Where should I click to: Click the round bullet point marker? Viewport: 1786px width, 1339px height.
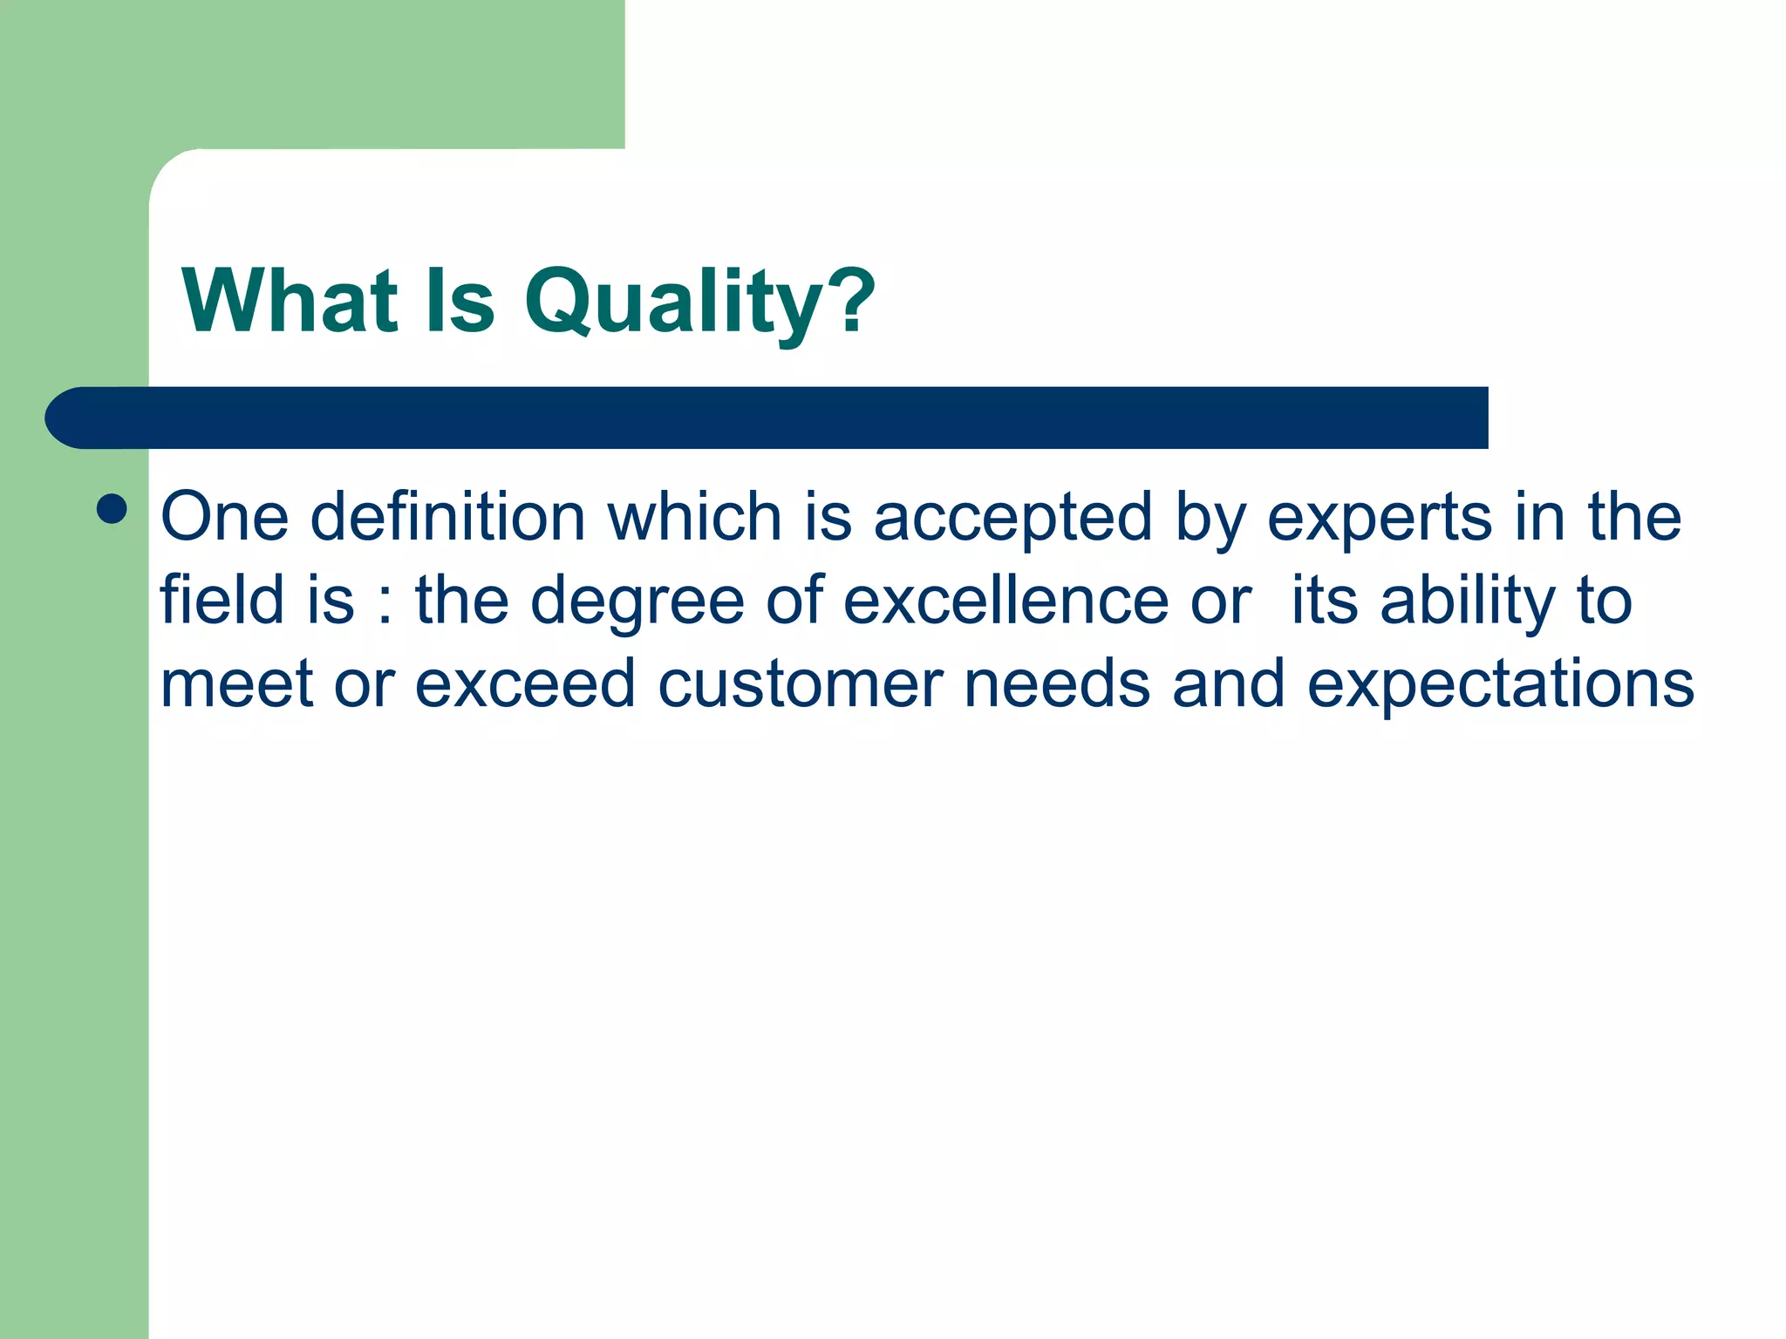pos(112,508)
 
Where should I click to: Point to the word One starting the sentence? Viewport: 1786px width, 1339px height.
pos(224,518)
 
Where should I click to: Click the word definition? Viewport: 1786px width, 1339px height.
pos(447,518)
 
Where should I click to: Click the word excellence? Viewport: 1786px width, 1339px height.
pos(1005,601)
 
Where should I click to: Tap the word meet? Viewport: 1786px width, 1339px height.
pos(236,684)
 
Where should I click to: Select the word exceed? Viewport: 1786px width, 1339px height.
pos(524,684)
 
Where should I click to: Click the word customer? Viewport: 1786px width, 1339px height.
pos(800,684)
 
